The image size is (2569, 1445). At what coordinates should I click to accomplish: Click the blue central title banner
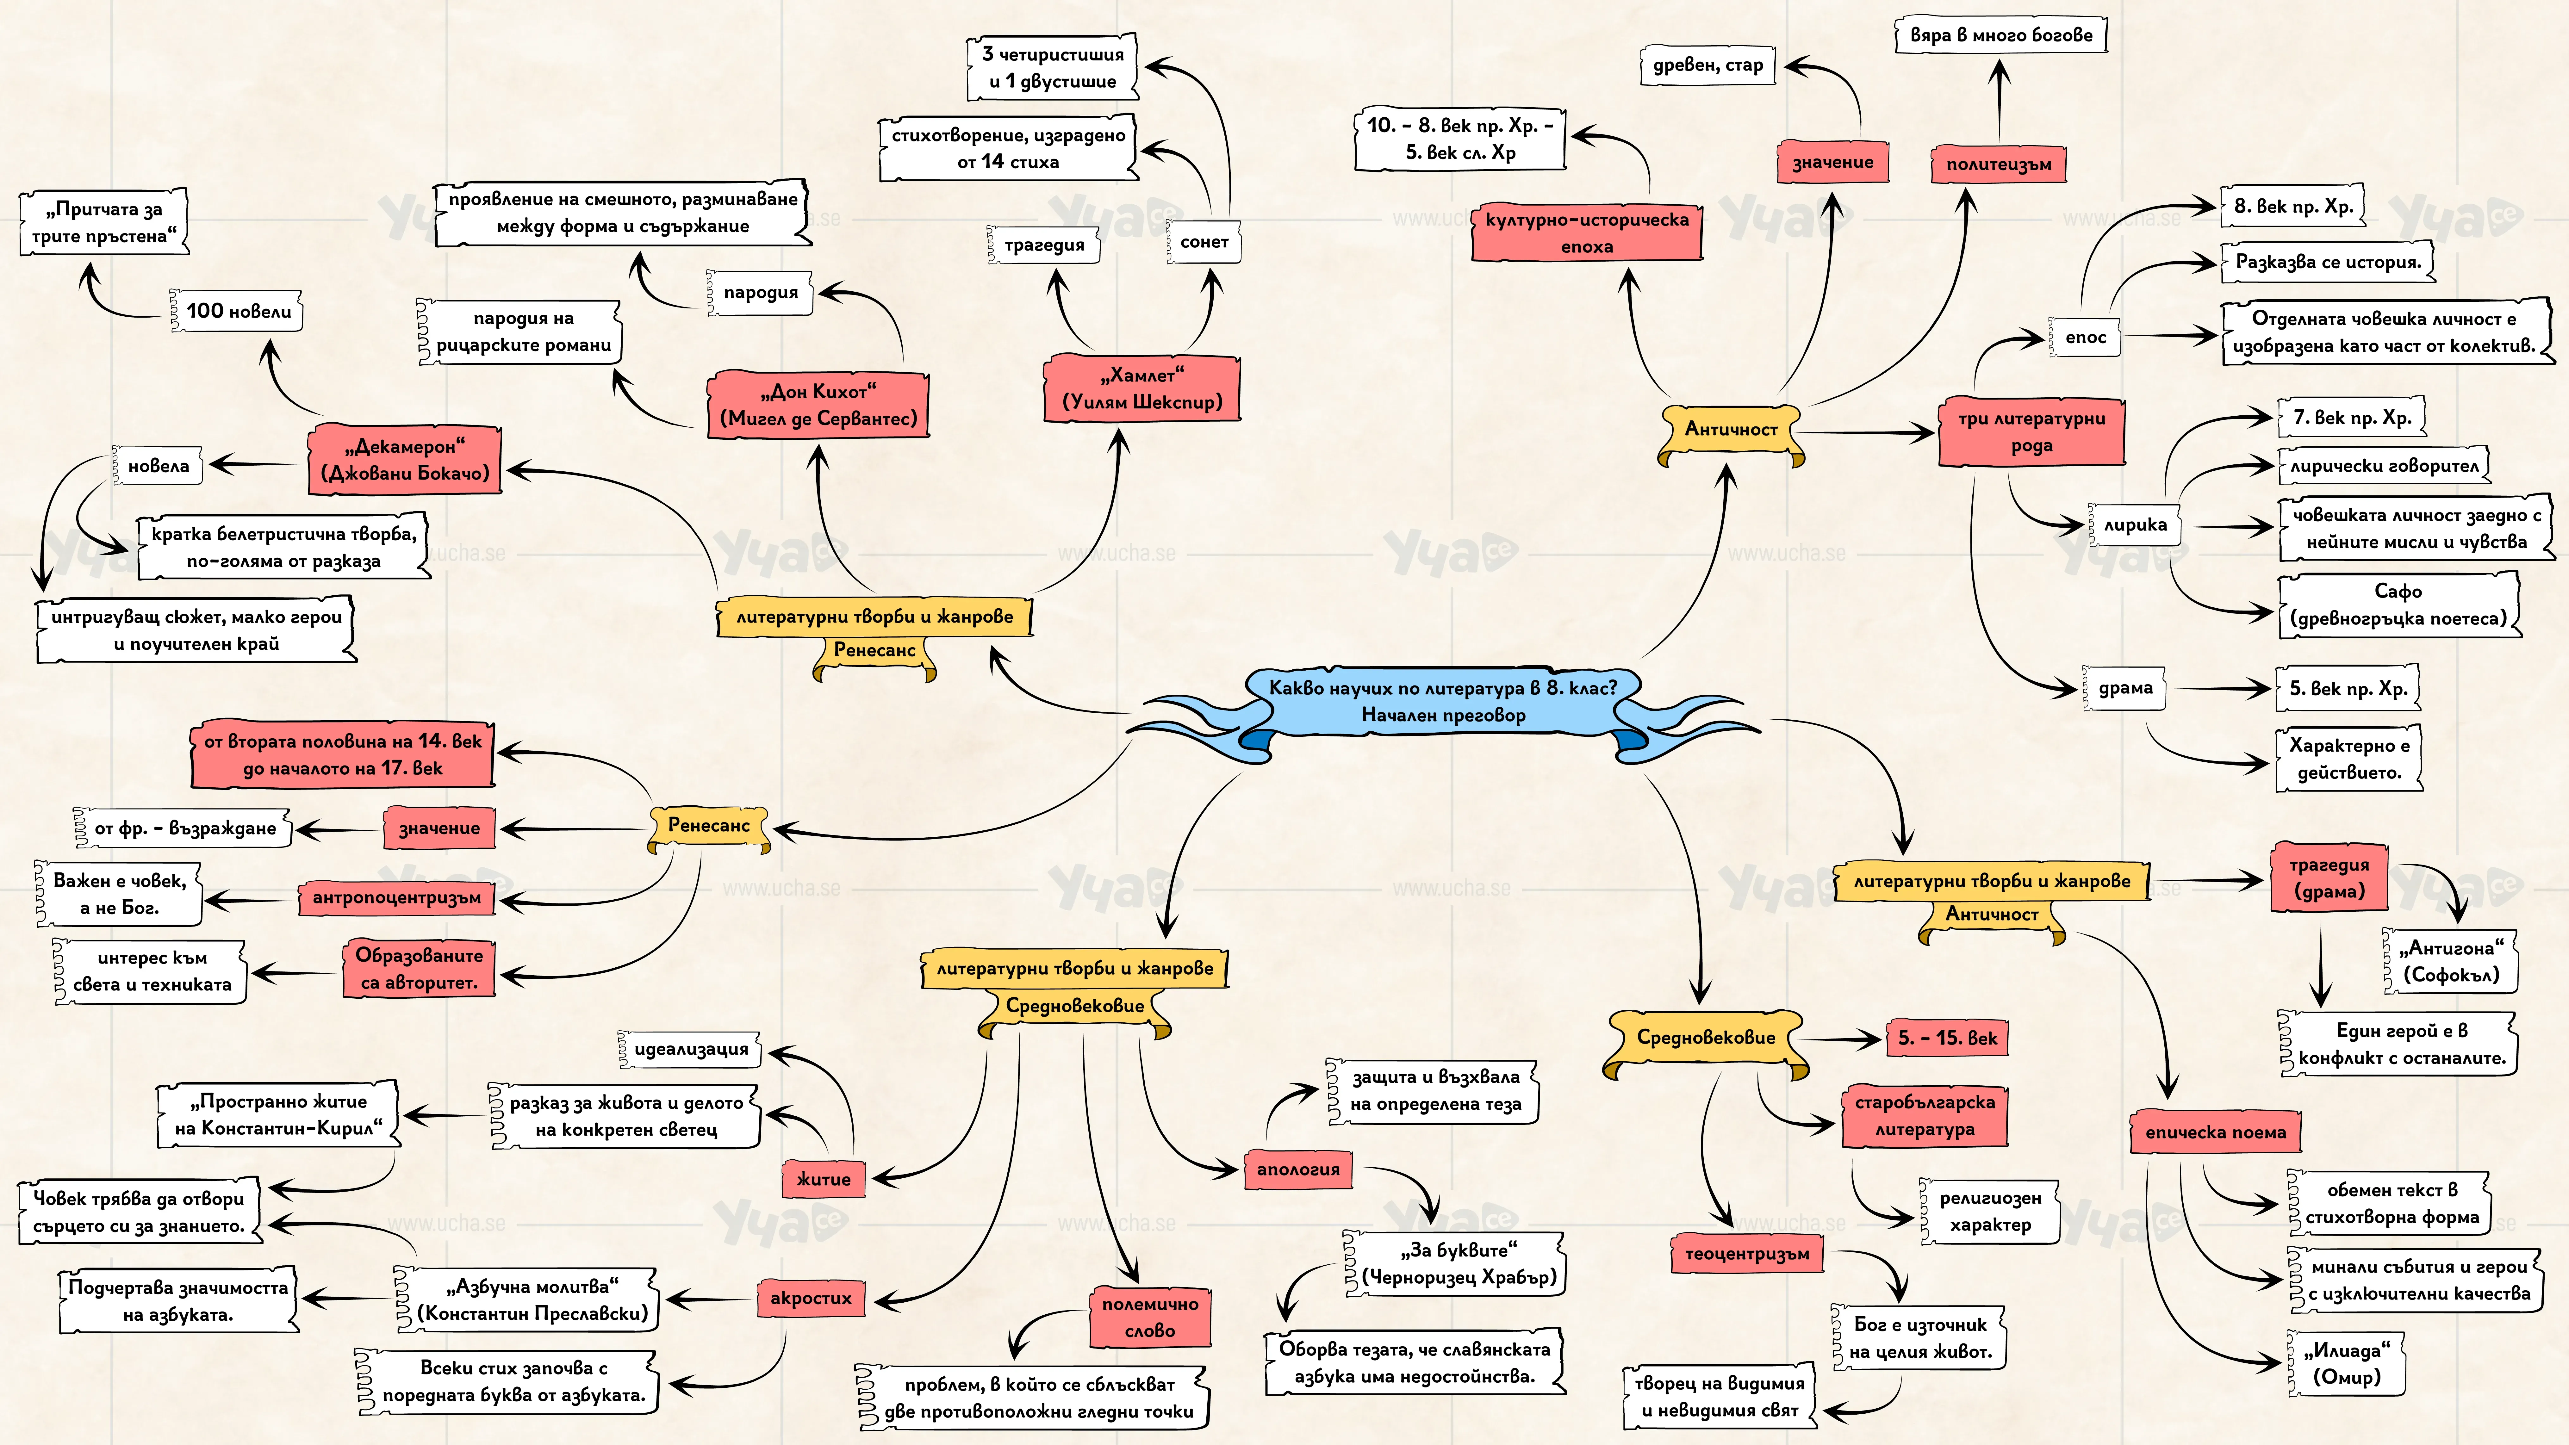1443,702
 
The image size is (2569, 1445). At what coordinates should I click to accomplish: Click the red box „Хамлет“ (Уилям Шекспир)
1142,389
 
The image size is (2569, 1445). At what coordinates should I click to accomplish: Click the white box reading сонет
1204,242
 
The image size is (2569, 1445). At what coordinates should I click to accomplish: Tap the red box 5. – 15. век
1947,1038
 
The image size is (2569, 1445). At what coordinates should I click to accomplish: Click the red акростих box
811,1299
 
